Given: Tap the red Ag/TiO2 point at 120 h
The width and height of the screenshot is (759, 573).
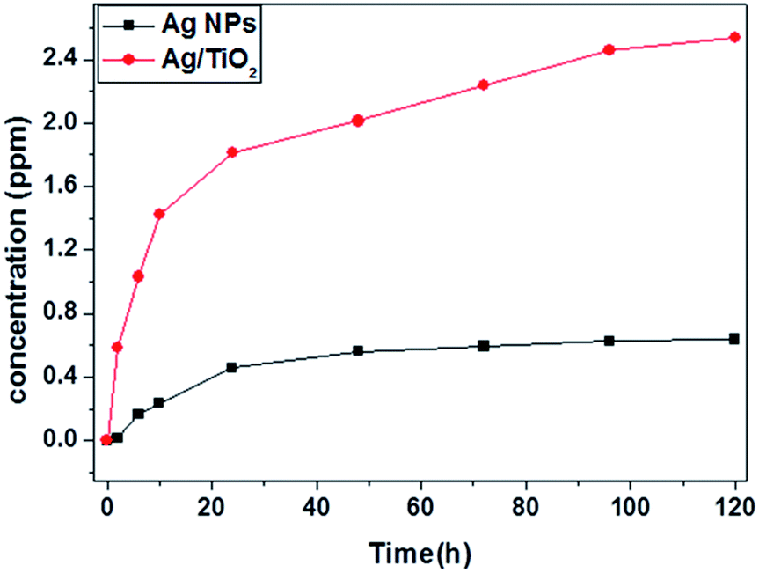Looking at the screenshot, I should (734, 37).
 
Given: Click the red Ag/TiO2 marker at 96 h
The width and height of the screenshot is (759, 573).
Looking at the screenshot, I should (609, 50).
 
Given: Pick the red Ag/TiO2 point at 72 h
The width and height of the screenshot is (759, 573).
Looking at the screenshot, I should (483, 84).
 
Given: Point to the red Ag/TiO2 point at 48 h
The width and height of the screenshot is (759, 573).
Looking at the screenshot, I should (358, 121).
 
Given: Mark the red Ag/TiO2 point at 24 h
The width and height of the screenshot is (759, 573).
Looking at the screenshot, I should (232, 152).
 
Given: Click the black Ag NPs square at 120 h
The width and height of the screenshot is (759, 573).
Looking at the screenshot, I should (734, 339).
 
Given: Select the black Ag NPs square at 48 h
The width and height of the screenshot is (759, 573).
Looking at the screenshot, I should (358, 351).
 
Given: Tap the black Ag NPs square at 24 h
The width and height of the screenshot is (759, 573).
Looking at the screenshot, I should (232, 367).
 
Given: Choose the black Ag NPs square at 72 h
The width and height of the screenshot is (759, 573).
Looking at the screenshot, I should (483, 346).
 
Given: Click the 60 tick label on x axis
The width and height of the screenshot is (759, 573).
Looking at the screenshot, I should (420, 506).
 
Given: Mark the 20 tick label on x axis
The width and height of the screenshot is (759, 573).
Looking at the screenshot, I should (211, 506).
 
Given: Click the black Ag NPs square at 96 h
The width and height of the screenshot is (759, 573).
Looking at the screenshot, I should (609, 341).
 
